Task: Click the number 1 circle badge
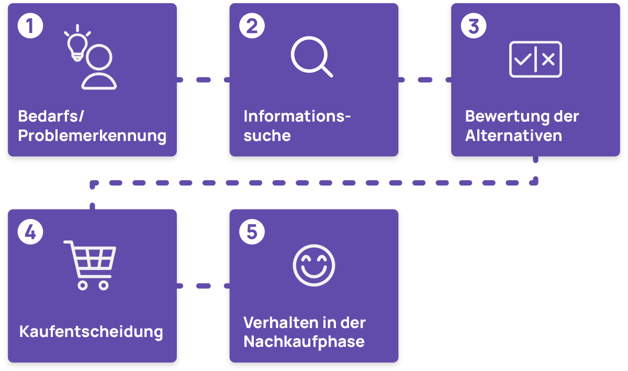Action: click(29, 27)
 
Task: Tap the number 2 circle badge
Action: click(251, 27)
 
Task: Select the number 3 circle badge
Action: click(473, 27)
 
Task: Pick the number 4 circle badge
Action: click(29, 233)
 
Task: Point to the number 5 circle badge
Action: click(251, 233)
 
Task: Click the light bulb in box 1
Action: click(77, 45)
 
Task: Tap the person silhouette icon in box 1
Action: click(99, 68)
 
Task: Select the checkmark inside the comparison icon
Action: click(522, 60)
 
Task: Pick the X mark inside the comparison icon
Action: click(548, 60)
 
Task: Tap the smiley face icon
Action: click(313, 265)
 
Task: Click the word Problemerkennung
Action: click(92, 136)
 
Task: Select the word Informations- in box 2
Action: click(296, 116)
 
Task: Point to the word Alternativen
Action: click(513, 136)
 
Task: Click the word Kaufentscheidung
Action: click(91, 332)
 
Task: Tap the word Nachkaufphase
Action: click(304, 342)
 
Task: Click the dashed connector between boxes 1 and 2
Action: click(203, 80)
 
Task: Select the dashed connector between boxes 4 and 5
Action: click(203, 286)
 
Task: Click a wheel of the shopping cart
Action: click(83, 285)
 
